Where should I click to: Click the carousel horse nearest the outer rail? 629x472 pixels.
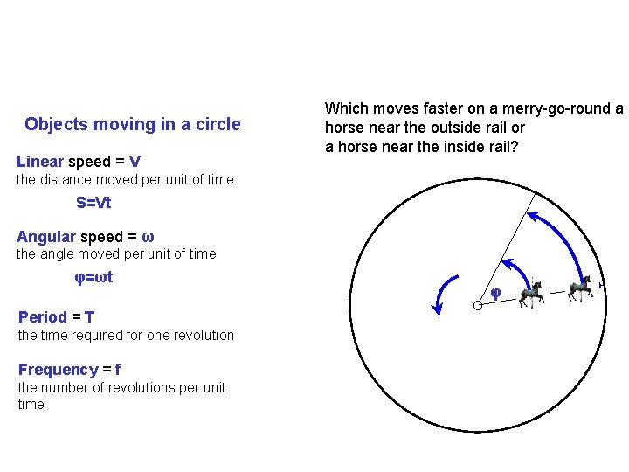click(x=579, y=288)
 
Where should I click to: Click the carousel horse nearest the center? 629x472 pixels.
click(x=531, y=294)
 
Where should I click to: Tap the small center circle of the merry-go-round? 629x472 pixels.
click(x=478, y=305)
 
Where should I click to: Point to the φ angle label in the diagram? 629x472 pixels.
click(x=495, y=292)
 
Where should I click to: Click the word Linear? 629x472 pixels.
click(x=40, y=162)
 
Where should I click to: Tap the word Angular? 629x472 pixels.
click(x=46, y=237)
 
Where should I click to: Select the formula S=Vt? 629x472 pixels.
click(x=93, y=203)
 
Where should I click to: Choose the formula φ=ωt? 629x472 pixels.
click(x=93, y=278)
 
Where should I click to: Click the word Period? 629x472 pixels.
click(x=42, y=316)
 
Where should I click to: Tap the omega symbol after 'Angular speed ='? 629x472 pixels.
click(x=148, y=238)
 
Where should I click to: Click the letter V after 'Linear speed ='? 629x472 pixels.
click(x=135, y=162)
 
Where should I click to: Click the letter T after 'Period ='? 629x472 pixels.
click(x=90, y=316)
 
